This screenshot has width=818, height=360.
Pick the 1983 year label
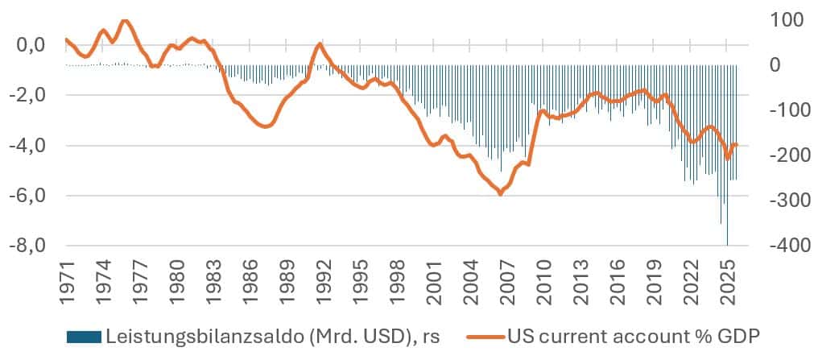click(x=213, y=283)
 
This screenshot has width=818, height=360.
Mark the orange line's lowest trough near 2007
click(x=500, y=193)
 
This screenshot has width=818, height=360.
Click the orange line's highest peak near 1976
click(x=124, y=20)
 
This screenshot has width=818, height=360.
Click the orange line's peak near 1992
click(x=319, y=43)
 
